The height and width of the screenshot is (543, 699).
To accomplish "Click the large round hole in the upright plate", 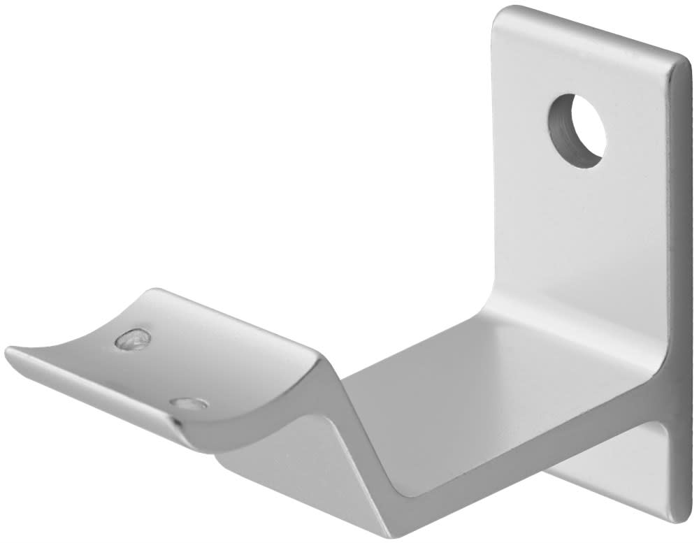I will (577, 131).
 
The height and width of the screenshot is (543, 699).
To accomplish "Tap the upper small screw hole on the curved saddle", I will (134, 340).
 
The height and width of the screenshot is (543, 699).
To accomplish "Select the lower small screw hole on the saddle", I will (189, 404).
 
